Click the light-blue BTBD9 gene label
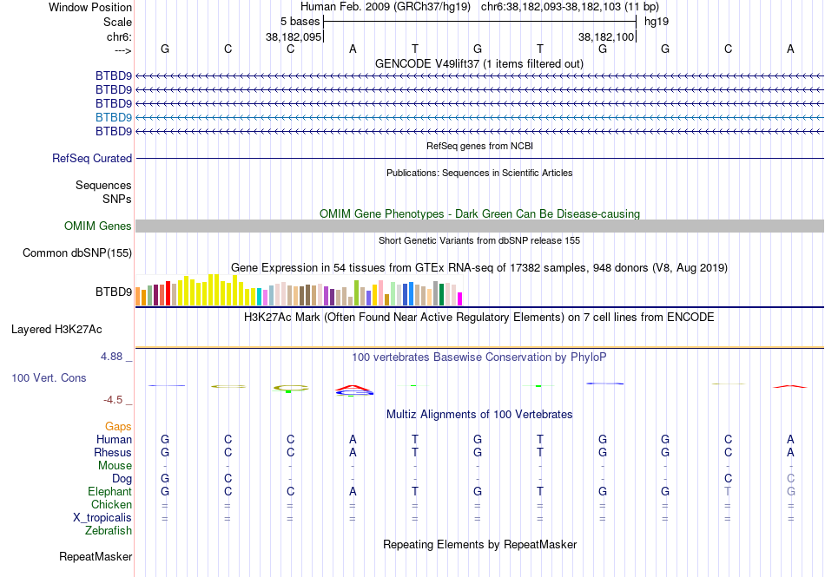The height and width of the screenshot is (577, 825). (x=114, y=117)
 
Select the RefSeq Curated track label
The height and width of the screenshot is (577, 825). (x=92, y=159)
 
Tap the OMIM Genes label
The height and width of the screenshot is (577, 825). (x=98, y=226)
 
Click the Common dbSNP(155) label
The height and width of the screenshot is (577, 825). (x=77, y=253)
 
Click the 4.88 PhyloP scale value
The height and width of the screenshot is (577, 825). (x=113, y=357)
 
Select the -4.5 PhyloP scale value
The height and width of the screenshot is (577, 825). (x=114, y=400)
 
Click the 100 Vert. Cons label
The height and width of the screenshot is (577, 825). (x=49, y=378)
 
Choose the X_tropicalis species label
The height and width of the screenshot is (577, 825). (x=102, y=518)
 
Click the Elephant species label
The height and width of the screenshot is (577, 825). (x=109, y=492)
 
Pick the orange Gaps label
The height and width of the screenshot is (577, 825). (x=118, y=427)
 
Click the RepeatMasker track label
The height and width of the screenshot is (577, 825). (x=96, y=556)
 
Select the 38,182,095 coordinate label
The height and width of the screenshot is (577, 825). (x=294, y=37)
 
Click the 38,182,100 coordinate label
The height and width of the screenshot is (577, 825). (x=608, y=37)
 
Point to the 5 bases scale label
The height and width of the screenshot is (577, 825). (x=300, y=21)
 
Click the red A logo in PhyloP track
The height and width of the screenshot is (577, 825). (x=353, y=387)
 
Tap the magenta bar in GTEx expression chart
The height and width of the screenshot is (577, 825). (x=460, y=298)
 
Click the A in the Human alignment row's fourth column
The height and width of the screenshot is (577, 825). (x=353, y=440)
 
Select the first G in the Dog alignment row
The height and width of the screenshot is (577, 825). (x=165, y=479)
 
